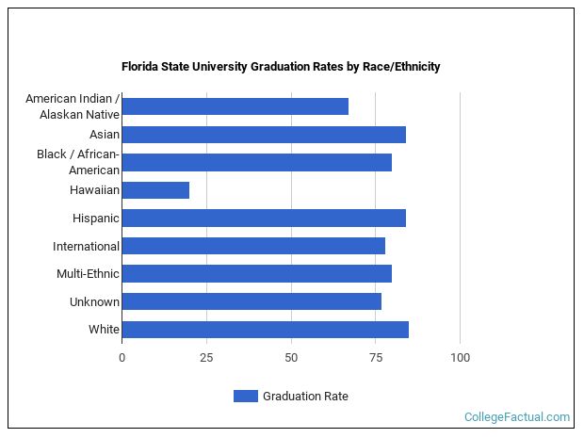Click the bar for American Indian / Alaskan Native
coord(235,106)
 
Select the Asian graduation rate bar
coord(264,135)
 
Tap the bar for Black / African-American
coord(256,162)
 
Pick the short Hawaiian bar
coord(155,190)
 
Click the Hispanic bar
coord(264,218)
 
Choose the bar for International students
coord(253,246)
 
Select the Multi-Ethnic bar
coord(256,273)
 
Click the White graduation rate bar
coord(265,329)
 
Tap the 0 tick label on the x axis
coord(122,358)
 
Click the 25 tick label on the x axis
coord(206,358)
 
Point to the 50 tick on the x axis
coord(291,358)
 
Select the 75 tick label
coord(376,358)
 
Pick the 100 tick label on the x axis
coord(460,358)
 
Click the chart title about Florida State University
coord(281,67)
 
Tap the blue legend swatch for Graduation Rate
coord(245,397)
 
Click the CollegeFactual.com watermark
coord(517,416)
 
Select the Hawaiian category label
coord(94,190)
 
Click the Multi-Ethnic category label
coord(88,274)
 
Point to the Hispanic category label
coord(96,219)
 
